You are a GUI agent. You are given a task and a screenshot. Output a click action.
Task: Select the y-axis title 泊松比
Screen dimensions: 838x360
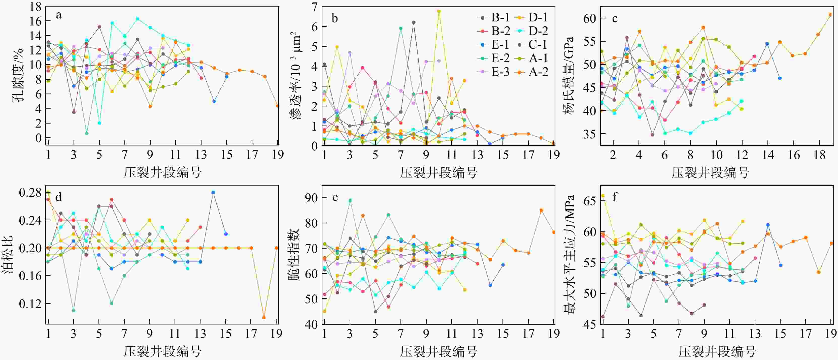8,255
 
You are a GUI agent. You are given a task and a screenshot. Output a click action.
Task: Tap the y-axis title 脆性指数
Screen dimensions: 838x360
293,255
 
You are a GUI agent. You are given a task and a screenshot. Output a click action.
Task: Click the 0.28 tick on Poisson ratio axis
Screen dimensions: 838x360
30,193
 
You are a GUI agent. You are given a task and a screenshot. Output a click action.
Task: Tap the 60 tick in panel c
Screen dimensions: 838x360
590,18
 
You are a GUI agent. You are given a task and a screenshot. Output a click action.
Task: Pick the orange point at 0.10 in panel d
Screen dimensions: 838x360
264,317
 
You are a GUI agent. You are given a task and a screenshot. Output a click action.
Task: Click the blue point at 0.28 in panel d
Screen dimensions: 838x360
213,192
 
